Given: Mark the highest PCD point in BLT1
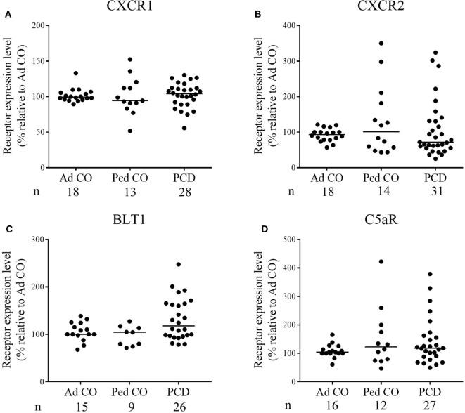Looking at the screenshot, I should click(x=179, y=265).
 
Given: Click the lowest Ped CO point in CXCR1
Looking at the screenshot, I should click(x=109, y=131).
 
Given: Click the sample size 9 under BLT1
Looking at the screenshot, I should click(x=129, y=403).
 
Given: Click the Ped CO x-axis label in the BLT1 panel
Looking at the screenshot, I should click(x=129, y=391).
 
